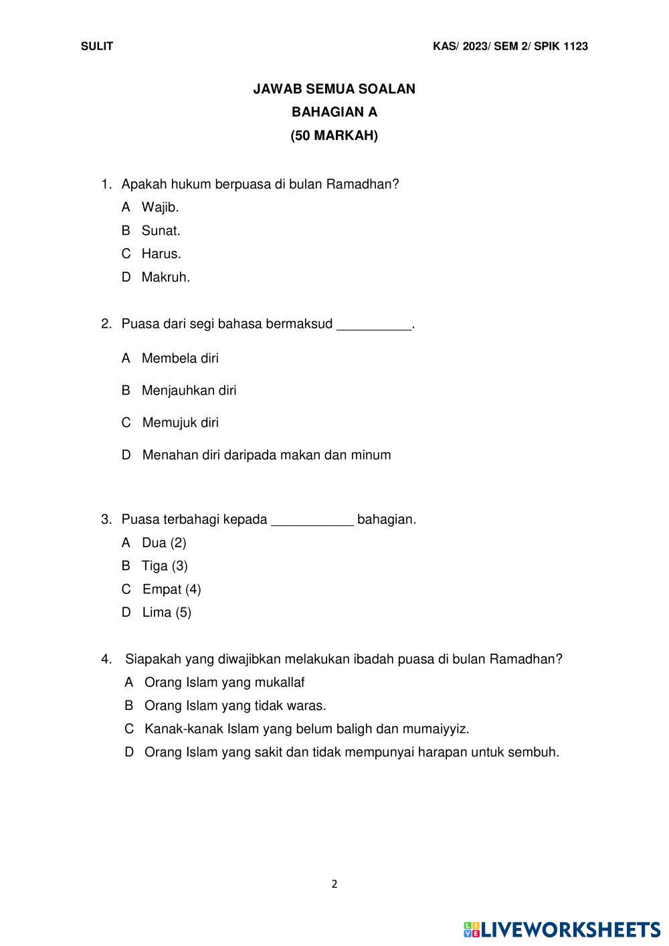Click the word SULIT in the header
click(x=97, y=46)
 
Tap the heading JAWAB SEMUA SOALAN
click(x=334, y=89)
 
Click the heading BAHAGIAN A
click(x=334, y=112)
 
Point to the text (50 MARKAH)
click(x=334, y=136)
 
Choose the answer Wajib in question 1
click(x=159, y=207)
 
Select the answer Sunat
click(x=161, y=231)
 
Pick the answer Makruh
click(x=165, y=277)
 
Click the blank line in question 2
click(x=373, y=326)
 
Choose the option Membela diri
click(x=180, y=359)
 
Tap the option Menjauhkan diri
click(x=189, y=391)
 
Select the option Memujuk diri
click(x=180, y=423)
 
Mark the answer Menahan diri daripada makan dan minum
click(x=266, y=455)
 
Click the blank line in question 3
click(x=312, y=521)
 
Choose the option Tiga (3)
click(x=165, y=566)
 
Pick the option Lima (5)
click(x=167, y=612)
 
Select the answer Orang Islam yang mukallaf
click(x=224, y=682)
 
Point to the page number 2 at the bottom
click(x=334, y=884)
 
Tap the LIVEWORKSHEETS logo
click(x=562, y=929)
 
